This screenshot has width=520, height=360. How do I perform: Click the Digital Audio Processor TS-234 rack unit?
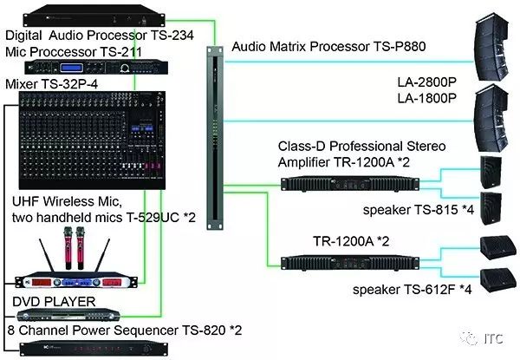94,16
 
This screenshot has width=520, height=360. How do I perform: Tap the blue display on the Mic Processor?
71,68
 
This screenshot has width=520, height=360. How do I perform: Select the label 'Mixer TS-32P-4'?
52,84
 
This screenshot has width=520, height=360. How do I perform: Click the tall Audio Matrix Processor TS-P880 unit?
215,138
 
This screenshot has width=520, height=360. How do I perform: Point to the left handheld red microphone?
68,247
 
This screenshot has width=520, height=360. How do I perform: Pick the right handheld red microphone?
81,247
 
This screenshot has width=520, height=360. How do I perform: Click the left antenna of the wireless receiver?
47,255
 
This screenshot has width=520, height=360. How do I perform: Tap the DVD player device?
68,315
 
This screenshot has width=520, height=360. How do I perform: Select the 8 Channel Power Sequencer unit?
94,349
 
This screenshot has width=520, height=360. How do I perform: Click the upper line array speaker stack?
491,47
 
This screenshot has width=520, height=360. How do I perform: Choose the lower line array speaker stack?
491,119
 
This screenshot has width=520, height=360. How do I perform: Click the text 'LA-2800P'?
427,82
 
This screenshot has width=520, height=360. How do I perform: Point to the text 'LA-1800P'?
427,98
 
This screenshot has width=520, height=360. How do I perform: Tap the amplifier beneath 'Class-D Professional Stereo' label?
350,184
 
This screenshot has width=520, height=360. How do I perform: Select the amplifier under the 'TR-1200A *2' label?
350,263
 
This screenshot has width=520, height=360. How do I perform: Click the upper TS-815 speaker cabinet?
491,173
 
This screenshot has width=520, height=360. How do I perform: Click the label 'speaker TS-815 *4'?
419,210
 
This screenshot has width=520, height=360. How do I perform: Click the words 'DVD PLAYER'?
54,302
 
